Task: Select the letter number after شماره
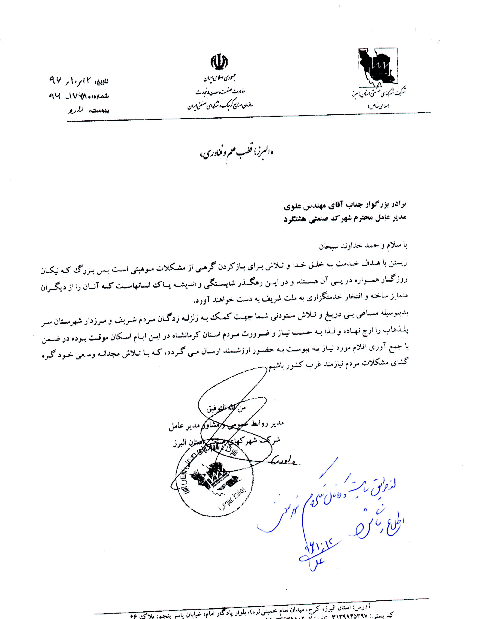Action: tap(72, 96)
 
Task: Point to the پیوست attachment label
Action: tap(99, 110)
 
